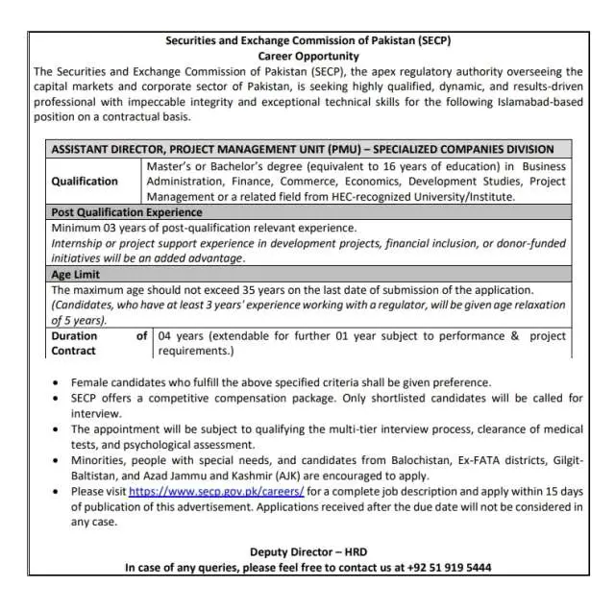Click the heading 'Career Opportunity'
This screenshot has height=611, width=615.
(x=307, y=56)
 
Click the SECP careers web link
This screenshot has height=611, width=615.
(x=216, y=491)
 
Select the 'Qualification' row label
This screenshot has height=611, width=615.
(x=85, y=181)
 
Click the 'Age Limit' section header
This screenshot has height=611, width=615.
(x=75, y=274)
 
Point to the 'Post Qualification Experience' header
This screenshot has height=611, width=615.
(x=126, y=211)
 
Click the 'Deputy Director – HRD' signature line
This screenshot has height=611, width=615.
(x=307, y=552)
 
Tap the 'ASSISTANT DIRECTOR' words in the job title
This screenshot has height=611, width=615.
(x=106, y=149)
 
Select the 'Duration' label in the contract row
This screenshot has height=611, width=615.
(x=74, y=336)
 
